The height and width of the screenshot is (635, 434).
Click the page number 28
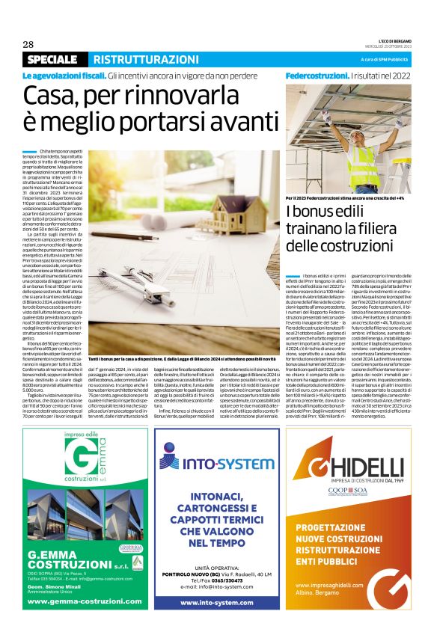[x=28, y=44]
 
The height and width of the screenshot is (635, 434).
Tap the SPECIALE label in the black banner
[x=52, y=59]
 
